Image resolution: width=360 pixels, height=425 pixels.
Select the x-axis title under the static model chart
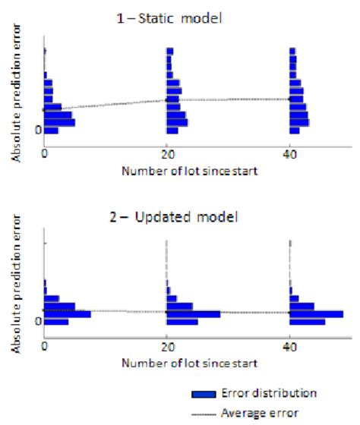[x=189, y=171]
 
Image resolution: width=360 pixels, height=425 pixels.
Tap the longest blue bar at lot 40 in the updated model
[x=317, y=313]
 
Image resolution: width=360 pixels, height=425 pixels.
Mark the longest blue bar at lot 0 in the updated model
[x=68, y=313]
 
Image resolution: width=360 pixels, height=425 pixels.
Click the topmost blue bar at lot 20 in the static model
[x=170, y=52]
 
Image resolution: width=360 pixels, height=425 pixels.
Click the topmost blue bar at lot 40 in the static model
[x=293, y=52]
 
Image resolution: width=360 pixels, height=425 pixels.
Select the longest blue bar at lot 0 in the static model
[x=60, y=122]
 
